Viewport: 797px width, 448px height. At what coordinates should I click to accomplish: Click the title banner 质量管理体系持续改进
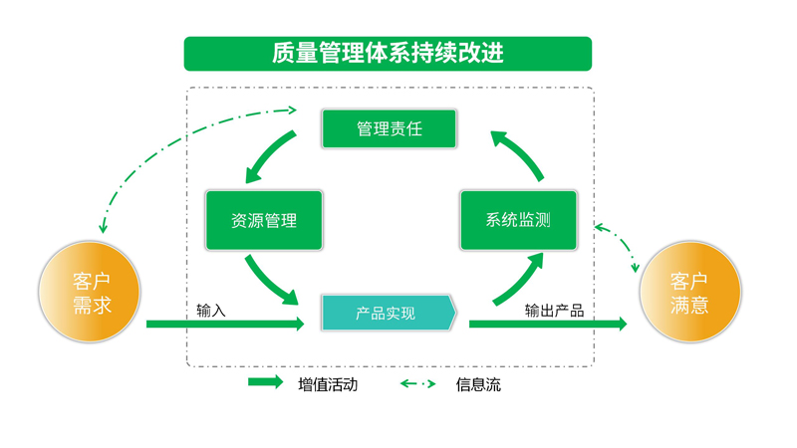tap(388, 54)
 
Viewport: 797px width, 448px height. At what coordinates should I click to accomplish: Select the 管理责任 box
tap(389, 129)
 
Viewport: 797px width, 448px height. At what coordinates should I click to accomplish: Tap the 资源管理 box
tap(264, 220)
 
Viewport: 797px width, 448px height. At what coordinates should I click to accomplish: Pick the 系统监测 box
tap(518, 220)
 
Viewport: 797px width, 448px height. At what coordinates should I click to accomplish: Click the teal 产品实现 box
tap(388, 313)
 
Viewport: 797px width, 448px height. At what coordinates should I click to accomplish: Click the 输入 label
tap(211, 311)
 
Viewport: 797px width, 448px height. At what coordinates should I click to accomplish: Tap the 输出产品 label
tap(554, 311)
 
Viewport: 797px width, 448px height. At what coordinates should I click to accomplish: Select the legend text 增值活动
tap(327, 384)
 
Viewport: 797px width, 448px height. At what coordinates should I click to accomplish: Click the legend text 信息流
tap(478, 384)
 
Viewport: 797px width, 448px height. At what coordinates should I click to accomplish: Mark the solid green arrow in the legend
tap(266, 383)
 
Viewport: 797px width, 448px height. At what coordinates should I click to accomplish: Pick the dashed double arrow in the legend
tap(418, 383)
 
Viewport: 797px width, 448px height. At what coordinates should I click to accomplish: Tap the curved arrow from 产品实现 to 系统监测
tap(518, 279)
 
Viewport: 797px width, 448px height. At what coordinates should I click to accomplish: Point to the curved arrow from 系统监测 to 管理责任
tap(518, 154)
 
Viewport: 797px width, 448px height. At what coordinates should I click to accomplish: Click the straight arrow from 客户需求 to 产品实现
tap(224, 324)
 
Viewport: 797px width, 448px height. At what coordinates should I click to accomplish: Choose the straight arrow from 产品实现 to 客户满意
tap(548, 324)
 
